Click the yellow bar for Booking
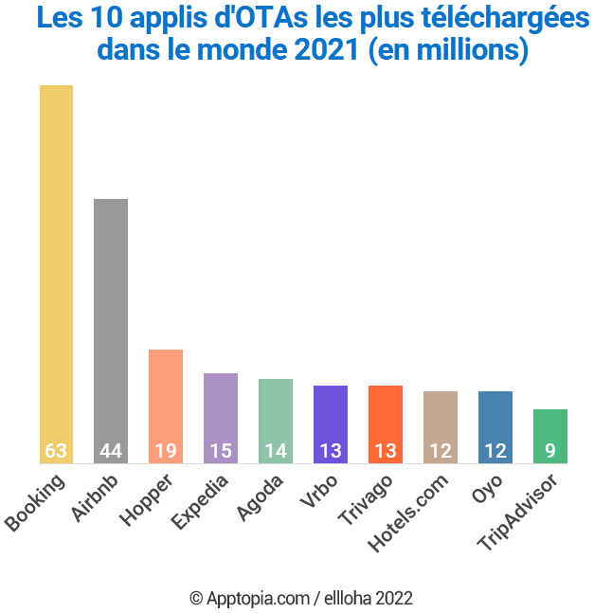(x=56, y=265)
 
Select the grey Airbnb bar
(x=111, y=322)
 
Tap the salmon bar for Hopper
(x=166, y=398)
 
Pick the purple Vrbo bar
(x=331, y=417)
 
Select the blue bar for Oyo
(x=495, y=417)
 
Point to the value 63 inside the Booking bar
(x=56, y=451)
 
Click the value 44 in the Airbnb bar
(x=111, y=451)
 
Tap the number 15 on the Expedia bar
(x=221, y=451)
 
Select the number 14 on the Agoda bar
(x=276, y=451)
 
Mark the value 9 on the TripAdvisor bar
(x=550, y=451)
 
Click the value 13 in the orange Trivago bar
(x=386, y=451)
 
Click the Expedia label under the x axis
(x=200, y=501)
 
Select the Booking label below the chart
(x=35, y=502)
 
